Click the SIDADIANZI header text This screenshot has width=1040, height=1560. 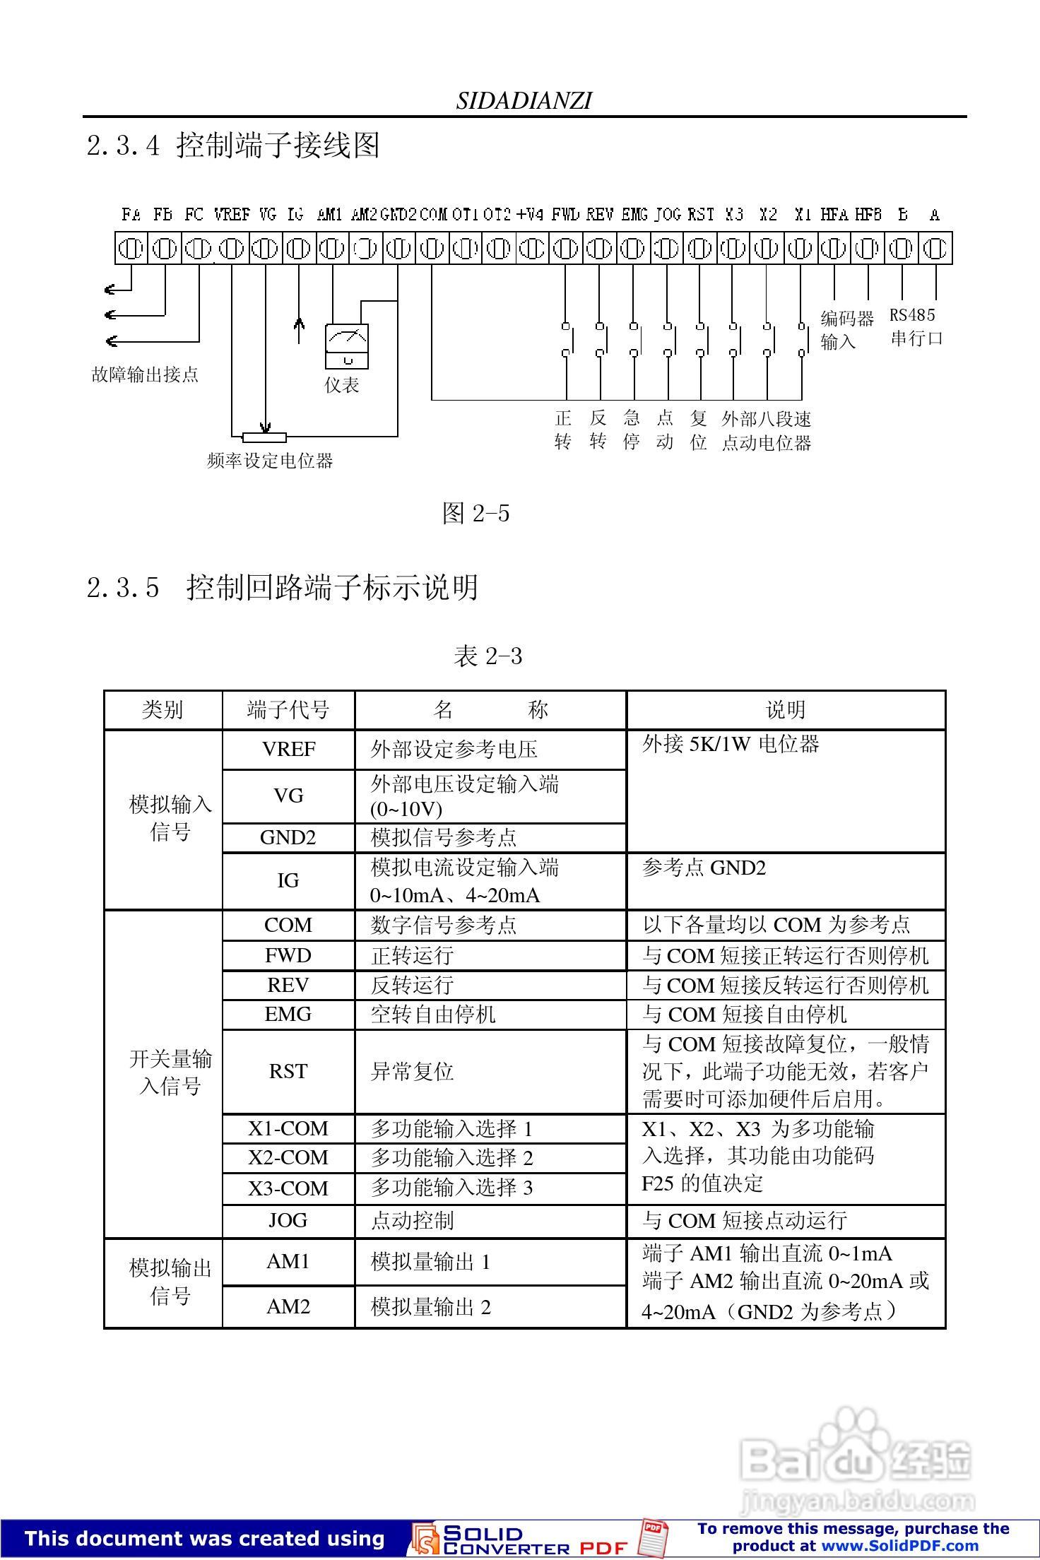click(524, 101)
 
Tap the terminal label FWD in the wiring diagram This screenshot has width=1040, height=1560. click(565, 214)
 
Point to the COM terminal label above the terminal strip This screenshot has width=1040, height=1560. click(433, 214)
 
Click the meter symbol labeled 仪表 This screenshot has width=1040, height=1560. click(346, 345)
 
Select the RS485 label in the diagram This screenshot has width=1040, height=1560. click(911, 315)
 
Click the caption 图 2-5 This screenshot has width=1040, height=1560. click(475, 513)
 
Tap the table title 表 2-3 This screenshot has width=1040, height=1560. click(487, 656)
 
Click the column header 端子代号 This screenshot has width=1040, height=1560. click(288, 709)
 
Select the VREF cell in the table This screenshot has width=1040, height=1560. click(288, 749)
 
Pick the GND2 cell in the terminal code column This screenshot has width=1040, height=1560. click(288, 837)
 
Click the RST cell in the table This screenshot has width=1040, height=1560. click(288, 1071)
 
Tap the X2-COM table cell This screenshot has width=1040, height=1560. click(288, 1157)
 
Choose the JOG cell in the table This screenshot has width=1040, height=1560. click(288, 1220)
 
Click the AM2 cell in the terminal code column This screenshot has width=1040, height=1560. click(288, 1306)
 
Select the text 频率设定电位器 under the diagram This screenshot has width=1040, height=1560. click(270, 461)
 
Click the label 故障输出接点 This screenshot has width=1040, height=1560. click(146, 374)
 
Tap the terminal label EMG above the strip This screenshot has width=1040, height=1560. click(634, 214)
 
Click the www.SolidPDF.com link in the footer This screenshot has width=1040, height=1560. click(899, 1545)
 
